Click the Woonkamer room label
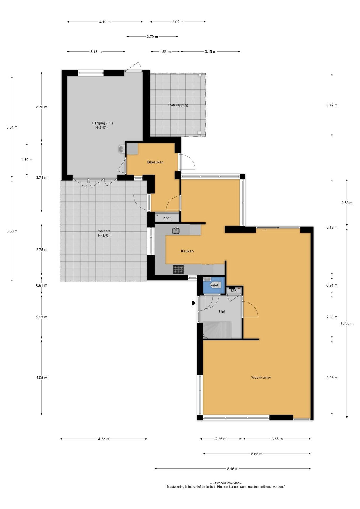tap(261, 377)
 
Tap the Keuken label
tap(187, 251)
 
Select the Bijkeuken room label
tap(155, 162)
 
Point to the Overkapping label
tap(178, 105)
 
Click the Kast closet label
tap(167, 218)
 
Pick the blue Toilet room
tap(214, 285)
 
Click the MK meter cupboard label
tap(234, 290)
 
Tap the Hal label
tap(222, 311)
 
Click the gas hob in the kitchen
tap(178, 269)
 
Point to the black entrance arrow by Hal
tap(194, 303)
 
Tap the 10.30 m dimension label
tap(347, 323)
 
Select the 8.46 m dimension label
tap(232, 469)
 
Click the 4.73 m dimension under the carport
tap(104, 439)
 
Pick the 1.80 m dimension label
tap(27, 160)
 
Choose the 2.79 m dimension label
tap(152, 37)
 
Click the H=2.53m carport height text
tap(104, 235)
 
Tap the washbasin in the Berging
tap(122, 149)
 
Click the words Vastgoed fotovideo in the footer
tap(226, 483)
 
